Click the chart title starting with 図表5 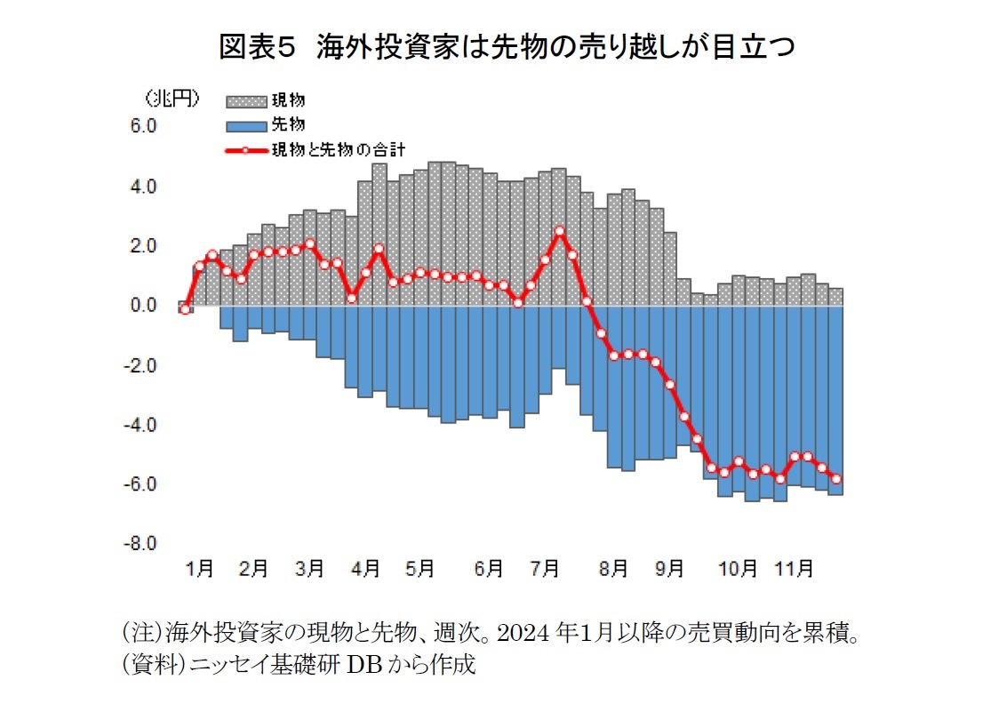pyautogui.click(x=507, y=47)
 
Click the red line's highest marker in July pyautogui.click(x=559, y=231)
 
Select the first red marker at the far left pyautogui.click(x=185, y=309)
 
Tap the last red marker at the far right pyautogui.click(x=836, y=479)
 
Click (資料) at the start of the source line pyautogui.click(x=140, y=664)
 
